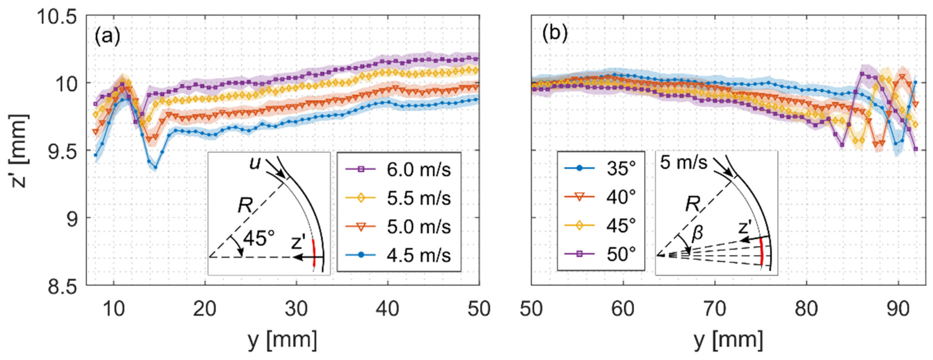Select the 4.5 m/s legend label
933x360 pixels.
pos(418,255)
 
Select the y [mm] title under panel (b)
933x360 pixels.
pos(728,341)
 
